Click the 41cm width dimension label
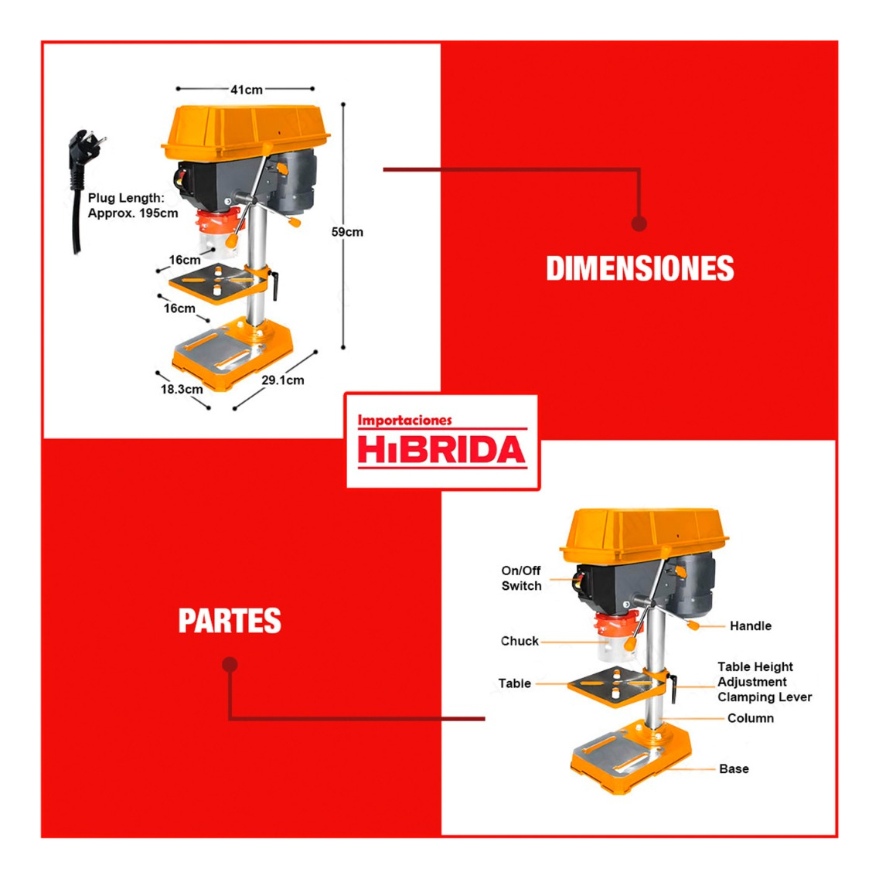tap(246, 90)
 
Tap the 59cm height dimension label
tap(347, 232)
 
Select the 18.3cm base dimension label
tap(182, 389)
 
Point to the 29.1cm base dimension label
tap(282, 380)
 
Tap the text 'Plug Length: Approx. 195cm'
tap(132, 206)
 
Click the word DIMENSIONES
tap(639, 268)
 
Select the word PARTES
tap(230, 621)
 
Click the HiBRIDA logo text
tap(441, 451)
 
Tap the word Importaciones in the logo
tap(404, 421)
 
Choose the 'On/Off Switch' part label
tap(521, 578)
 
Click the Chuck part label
tap(520, 641)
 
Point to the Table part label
tap(514, 683)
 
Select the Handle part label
tap(750, 626)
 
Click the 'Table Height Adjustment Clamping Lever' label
tap(764, 682)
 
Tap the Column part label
tap(750, 718)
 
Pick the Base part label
tap(734, 768)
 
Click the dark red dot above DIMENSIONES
tap(639, 223)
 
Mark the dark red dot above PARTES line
tap(230, 665)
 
